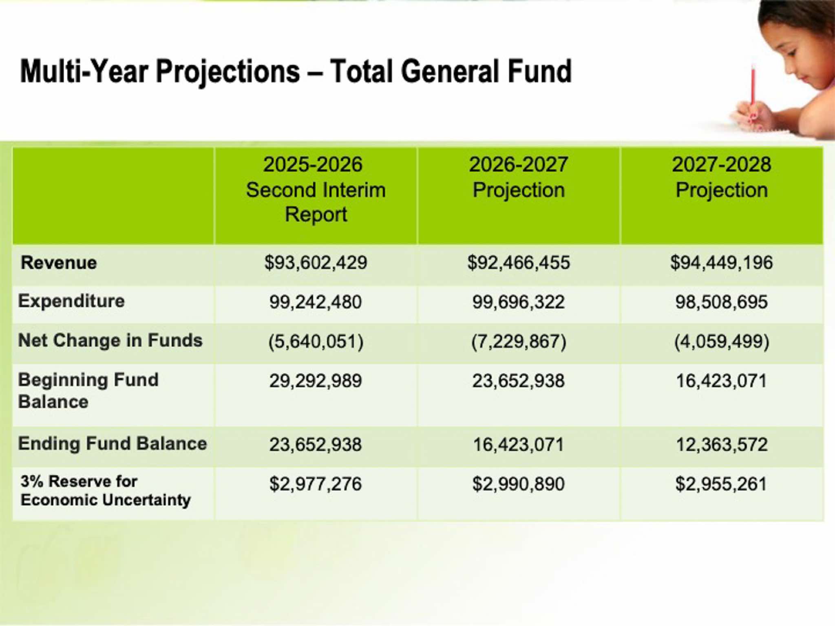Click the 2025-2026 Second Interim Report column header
click(x=316, y=190)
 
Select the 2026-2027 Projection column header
click(x=519, y=177)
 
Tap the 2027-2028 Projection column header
click(x=722, y=177)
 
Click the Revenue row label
click(x=59, y=263)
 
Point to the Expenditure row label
click(x=71, y=301)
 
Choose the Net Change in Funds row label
click(x=110, y=340)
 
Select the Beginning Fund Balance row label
click(x=88, y=390)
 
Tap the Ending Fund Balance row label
click(x=113, y=443)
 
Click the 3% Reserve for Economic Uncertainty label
click(x=106, y=490)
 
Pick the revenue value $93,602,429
click(x=316, y=263)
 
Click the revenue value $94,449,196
click(x=722, y=263)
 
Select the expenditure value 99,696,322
click(x=519, y=302)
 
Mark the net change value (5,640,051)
click(x=316, y=341)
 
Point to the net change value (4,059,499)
click(x=722, y=341)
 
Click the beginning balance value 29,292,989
click(x=316, y=381)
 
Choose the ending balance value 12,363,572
click(x=722, y=444)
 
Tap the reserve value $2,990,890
click(x=519, y=484)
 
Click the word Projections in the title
click(x=228, y=72)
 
